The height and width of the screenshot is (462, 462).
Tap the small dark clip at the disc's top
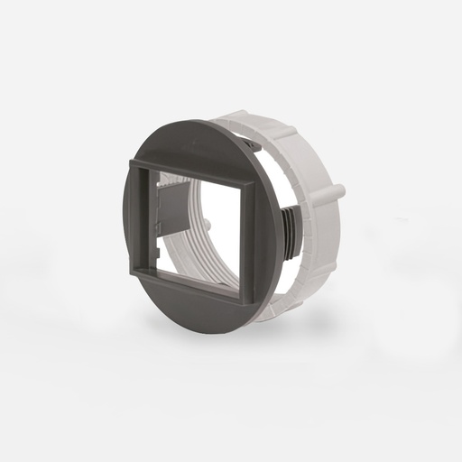pyautogui.click(x=252, y=143)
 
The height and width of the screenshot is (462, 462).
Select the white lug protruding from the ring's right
pyautogui.click(x=337, y=193)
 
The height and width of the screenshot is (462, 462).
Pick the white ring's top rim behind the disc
pyautogui.click(x=271, y=122)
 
